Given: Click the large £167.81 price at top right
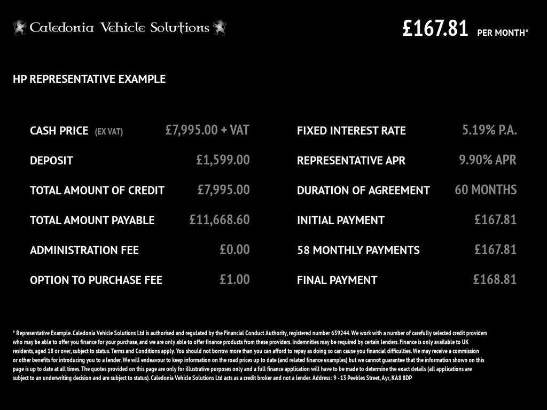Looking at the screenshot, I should point(435,28).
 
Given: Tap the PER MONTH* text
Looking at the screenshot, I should point(503,33).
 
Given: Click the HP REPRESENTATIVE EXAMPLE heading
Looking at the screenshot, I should point(89,79).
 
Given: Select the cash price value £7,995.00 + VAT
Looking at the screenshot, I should point(207,130).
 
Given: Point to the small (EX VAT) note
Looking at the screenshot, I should point(109,131).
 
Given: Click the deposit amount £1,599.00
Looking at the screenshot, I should point(223,160).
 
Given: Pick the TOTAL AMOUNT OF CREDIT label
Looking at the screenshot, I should point(97,190).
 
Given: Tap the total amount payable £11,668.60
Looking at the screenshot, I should point(220,219).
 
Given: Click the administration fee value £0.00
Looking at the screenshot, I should point(235,249).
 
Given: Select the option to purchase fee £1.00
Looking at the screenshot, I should point(235,279).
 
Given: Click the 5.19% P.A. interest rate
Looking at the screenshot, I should point(489,130).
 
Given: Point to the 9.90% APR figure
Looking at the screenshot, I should point(488,160).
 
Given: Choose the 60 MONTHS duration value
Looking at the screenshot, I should point(486,190).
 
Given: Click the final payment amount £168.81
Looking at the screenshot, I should point(495,279).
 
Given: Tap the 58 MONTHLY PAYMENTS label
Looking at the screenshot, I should point(358,250).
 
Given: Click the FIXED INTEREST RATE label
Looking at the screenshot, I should point(351,130).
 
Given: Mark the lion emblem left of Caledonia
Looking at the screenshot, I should point(20,27).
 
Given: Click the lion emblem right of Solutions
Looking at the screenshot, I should point(219,27).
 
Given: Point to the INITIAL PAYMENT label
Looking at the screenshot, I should point(341,220).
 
